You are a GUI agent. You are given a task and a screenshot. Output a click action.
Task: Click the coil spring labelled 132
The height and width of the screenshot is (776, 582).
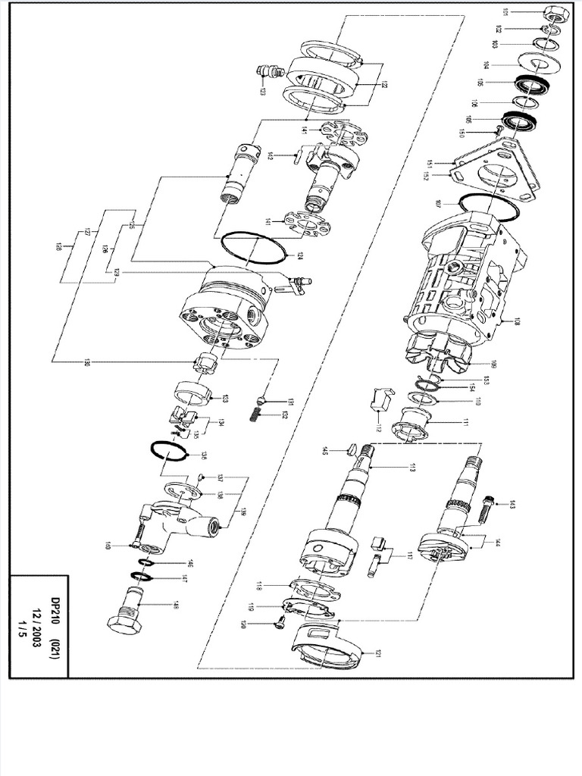click(257, 416)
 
